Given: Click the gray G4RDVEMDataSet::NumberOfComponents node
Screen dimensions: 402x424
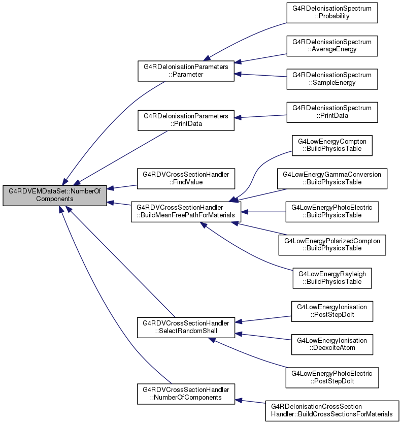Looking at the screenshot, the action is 55,195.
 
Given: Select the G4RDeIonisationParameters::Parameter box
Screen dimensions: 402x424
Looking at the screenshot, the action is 186,71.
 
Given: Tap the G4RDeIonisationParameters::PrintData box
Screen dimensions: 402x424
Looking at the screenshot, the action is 186,120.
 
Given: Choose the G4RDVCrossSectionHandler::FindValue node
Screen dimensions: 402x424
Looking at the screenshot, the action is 186,178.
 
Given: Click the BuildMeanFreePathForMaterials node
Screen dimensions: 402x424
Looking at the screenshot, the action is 186,212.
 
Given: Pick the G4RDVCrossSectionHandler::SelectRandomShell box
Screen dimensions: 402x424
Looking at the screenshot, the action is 186,328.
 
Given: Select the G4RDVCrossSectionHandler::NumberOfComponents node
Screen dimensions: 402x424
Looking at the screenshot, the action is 186,394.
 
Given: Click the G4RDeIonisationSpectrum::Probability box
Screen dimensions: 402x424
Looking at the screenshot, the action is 332,13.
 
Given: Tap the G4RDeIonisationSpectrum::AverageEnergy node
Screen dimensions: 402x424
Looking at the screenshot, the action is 332,46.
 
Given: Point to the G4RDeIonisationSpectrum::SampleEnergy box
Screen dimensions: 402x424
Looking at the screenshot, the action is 332,79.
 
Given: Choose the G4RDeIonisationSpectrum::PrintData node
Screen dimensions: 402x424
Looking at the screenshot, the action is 332,112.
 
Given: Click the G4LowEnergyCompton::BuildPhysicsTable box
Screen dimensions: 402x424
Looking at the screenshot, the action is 332,145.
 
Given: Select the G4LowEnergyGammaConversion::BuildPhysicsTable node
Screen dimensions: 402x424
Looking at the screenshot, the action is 332,178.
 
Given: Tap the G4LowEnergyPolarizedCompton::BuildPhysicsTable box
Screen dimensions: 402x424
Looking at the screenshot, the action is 332,245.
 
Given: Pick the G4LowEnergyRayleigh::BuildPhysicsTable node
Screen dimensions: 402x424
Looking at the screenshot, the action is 332,278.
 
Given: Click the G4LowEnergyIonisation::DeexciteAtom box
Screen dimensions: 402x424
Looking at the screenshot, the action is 332,344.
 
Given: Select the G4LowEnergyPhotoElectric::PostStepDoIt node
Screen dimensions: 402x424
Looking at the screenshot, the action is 332,377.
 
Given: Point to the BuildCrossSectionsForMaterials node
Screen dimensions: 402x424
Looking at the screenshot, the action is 332,411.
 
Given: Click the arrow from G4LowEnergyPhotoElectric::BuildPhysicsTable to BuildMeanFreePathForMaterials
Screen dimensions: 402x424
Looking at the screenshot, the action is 263,212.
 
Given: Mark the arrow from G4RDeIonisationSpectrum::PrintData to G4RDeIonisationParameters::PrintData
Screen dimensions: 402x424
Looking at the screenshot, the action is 260,116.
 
